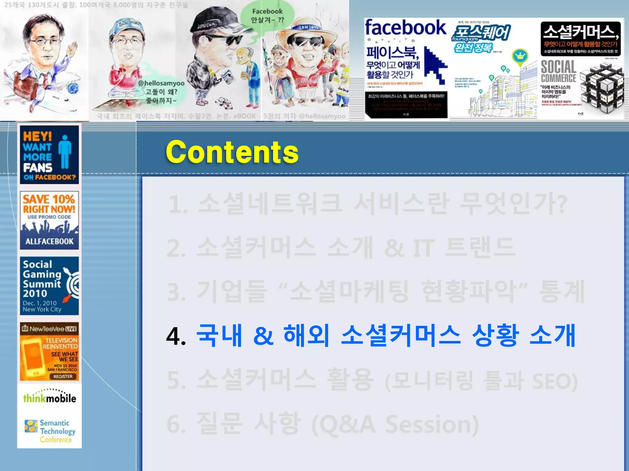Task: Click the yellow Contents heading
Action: point(232,152)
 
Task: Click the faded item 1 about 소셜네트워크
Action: point(367,204)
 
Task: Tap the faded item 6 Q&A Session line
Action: point(322,425)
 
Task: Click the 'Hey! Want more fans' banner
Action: point(49,155)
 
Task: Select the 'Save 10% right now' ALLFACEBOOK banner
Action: point(49,220)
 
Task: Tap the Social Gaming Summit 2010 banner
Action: point(49,286)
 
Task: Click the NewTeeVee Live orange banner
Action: point(49,351)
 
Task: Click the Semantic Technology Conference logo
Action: point(51,431)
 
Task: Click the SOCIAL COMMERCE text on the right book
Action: point(558,71)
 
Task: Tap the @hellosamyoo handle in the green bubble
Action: point(161,83)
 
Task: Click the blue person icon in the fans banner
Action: point(65,152)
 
